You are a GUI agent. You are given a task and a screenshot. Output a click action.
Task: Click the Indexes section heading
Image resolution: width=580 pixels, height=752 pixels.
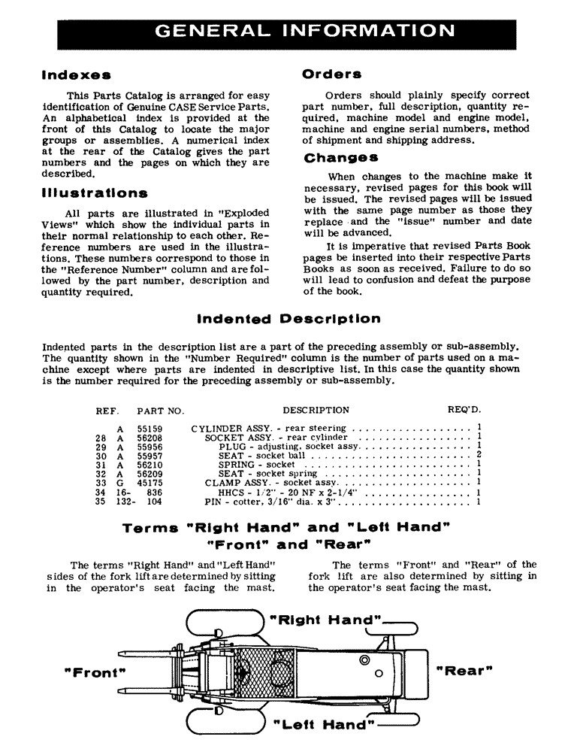pyautogui.click(x=77, y=75)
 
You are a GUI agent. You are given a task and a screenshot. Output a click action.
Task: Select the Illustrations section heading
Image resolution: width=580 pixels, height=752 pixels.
pyautogui.click(x=95, y=193)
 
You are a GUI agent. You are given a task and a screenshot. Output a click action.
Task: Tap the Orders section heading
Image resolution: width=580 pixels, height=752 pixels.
pyautogui.click(x=331, y=74)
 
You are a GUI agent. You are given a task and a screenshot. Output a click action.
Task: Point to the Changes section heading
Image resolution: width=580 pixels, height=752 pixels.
pyautogui.click(x=340, y=158)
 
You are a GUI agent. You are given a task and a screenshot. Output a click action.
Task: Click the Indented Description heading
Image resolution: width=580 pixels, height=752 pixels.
pyautogui.click(x=288, y=319)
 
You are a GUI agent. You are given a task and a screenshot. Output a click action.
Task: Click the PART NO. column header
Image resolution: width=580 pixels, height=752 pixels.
pyautogui.click(x=160, y=411)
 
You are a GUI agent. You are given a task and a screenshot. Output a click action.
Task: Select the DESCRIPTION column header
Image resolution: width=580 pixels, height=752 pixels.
pyautogui.click(x=316, y=411)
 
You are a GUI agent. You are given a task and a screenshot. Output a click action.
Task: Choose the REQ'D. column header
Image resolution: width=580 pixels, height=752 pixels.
pyautogui.click(x=464, y=411)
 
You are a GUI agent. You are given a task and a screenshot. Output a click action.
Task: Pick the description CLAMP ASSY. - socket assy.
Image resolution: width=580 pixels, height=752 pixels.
pyautogui.click(x=263, y=483)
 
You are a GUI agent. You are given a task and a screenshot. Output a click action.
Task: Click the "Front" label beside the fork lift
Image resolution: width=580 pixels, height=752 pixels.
pyautogui.click(x=95, y=672)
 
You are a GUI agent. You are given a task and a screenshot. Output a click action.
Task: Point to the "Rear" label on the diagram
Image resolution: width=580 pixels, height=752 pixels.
pyautogui.click(x=464, y=670)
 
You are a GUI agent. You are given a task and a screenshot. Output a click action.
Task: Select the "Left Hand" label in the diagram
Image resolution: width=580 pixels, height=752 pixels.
pyautogui.click(x=324, y=726)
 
